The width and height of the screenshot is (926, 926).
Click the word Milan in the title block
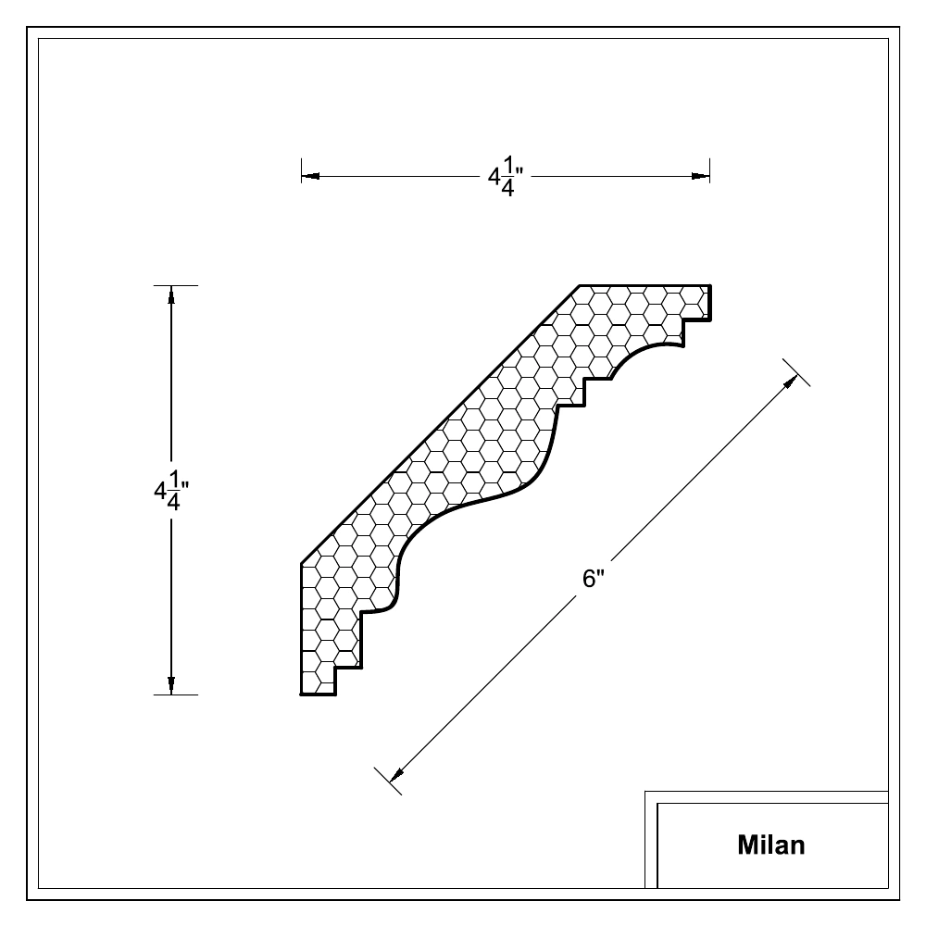tap(770, 845)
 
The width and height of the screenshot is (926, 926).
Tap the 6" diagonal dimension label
tap(594, 578)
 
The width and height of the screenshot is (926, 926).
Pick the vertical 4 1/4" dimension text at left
tap(171, 490)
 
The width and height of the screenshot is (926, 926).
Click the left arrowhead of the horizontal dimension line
tap(310, 176)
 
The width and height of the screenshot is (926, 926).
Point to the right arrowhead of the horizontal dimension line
tap(700, 176)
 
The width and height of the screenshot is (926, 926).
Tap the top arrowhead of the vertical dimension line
tap(171, 294)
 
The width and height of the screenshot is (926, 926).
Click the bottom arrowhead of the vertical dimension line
tap(171, 685)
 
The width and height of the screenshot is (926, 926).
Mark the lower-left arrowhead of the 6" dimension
tap(397, 774)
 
